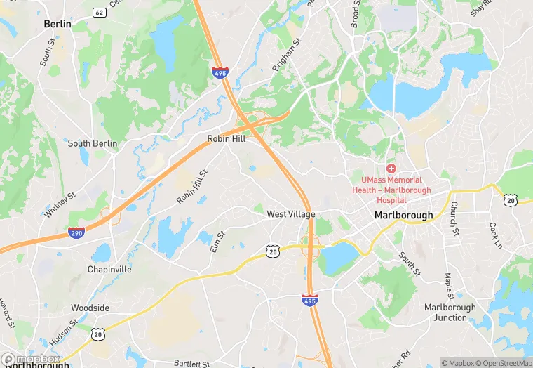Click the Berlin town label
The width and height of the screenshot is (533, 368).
tap(58, 24)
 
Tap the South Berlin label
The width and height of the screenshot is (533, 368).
tap(92, 143)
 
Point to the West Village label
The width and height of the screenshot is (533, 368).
tap(291, 214)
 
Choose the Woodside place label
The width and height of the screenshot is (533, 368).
tap(90, 308)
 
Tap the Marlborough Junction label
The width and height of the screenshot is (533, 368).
tap(450, 313)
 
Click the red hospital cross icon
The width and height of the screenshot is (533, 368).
tap(391, 169)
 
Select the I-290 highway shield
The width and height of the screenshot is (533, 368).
tap(78, 232)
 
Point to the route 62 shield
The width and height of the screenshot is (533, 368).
tap(99, 12)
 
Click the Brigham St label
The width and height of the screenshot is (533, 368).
tap(285, 54)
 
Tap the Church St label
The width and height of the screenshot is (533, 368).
tap(454, 218)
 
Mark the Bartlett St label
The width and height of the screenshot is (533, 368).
tap(192, 364)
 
